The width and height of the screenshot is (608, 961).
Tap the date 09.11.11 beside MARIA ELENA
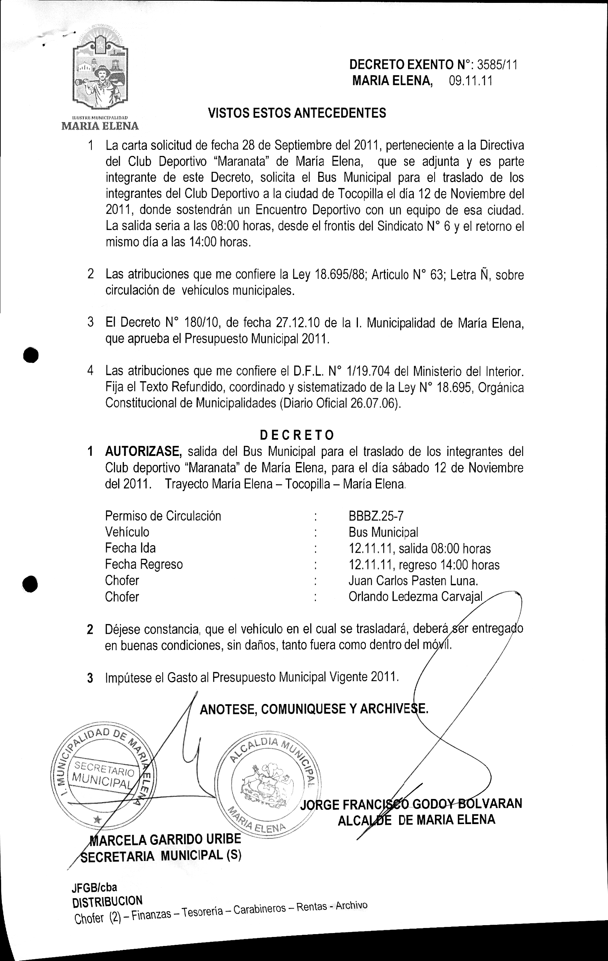[470, 81]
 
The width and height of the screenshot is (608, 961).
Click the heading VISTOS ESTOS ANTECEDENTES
[297, 113]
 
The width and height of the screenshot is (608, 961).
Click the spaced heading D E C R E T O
[297, 434]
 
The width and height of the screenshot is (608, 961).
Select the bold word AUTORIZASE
[144, 451]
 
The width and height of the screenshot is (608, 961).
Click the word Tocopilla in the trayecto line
[308, 484]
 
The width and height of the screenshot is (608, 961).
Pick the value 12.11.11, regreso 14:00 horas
[424, 564]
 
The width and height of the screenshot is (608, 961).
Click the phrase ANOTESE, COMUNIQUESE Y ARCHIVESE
[314, 709]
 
